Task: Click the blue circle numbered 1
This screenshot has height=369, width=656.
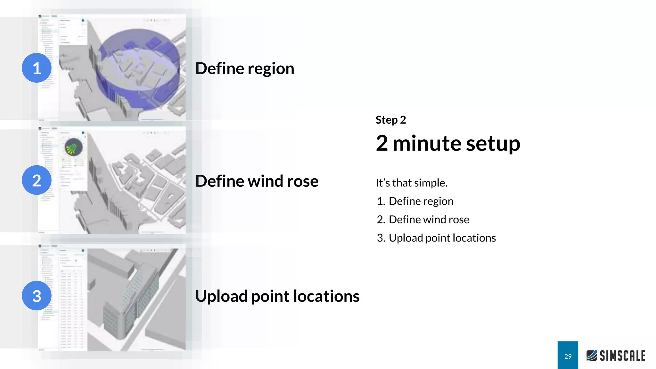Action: [37, 68]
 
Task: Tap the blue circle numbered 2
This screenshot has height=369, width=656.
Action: [37, 180]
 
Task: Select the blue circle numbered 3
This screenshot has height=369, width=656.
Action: [37, 295]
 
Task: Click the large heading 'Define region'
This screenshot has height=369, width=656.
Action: [245, 69]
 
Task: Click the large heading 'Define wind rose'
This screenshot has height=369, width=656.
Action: [257, 181]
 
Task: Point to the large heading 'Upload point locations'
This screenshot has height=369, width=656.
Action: [277, 296]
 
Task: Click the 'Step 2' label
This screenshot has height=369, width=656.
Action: [390, 120]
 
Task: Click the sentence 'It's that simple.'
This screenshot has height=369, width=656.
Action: [411, 183]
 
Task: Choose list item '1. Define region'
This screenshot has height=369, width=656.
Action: [415, 201]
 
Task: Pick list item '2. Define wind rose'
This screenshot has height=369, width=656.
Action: [423, 220]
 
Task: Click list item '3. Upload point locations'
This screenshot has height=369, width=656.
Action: [436, 238]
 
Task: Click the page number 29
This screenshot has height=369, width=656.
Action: [568, 356]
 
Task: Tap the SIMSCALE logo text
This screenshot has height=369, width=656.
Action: [622, 356]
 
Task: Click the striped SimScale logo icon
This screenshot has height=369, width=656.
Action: [592, 356]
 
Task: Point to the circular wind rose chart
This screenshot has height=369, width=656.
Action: [73, 147]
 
